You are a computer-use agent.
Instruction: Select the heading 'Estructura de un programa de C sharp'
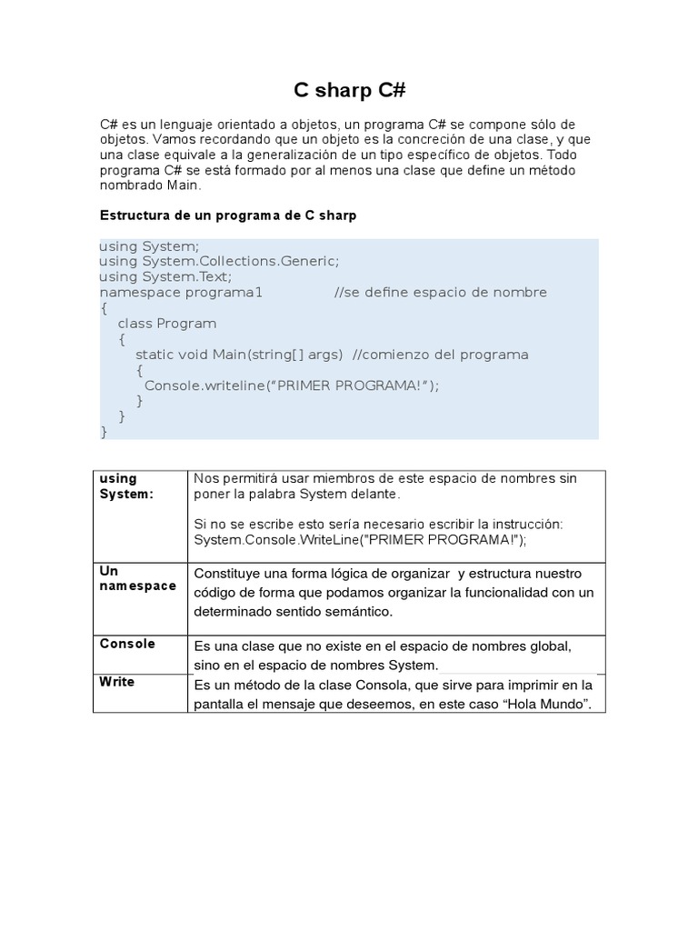point(227,215)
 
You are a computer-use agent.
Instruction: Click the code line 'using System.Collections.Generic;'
point(218,261)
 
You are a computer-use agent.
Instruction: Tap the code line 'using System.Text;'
point(165,276)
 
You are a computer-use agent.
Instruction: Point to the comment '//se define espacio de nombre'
point(440,292)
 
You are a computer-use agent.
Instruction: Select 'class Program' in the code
point(167,323)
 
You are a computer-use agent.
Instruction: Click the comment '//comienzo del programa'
point(440,354)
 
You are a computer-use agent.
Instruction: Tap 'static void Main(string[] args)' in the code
point(239,354)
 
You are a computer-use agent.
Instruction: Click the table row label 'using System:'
point(126,486)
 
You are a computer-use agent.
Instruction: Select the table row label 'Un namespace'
point(136,578)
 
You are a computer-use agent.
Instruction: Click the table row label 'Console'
point(127,644)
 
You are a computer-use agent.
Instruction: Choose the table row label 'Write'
point(117,682)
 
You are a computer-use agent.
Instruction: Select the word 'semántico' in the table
point(360,612)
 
